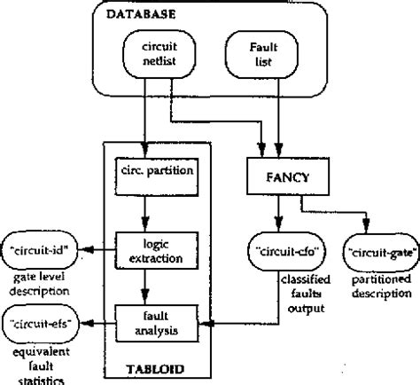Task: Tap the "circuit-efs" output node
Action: point(43,317)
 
